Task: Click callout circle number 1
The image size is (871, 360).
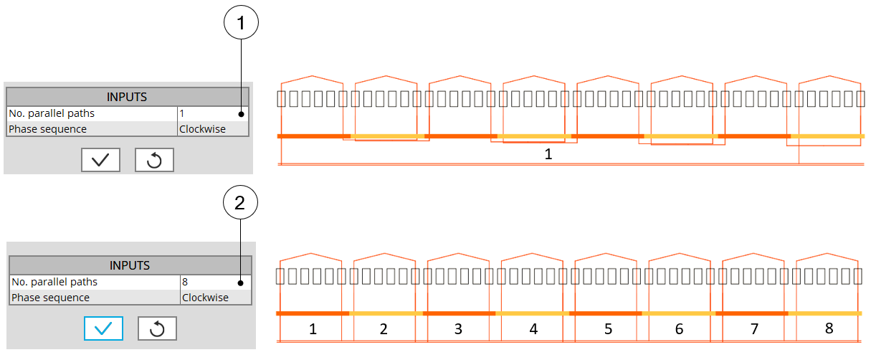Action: click(x=241, y=24)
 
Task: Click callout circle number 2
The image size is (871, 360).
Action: click(x=241, y=204)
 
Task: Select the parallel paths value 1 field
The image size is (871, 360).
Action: click(x=212, y=113)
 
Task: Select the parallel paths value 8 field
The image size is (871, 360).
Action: click(x=215, y=283)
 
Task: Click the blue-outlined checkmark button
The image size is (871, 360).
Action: click(x=103, y=328)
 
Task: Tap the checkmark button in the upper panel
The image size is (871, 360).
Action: click(x=100, y=160)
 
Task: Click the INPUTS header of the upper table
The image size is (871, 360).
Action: click(x=127, y=97)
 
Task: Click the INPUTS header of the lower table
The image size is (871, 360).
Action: click(x=130, y=265)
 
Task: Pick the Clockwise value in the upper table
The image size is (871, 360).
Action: click(x=202, y=129)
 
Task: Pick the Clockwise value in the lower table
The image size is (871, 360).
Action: click(x=205, y=298)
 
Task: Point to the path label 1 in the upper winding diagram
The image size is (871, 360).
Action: click(x=548, y=153)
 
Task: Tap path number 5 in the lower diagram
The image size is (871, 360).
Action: click(x=608, y=329)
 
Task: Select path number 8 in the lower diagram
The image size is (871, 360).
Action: click(x=829, y=328)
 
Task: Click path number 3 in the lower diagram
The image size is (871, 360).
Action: click(x=459, y=329)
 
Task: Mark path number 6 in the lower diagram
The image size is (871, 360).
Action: click(x=680, y=329)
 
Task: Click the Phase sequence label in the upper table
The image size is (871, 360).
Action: click(x=47, y=129)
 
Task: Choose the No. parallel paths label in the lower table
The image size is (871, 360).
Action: click(x=54, y=283)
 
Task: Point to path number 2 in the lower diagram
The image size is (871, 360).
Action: click(x=384, y=329)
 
